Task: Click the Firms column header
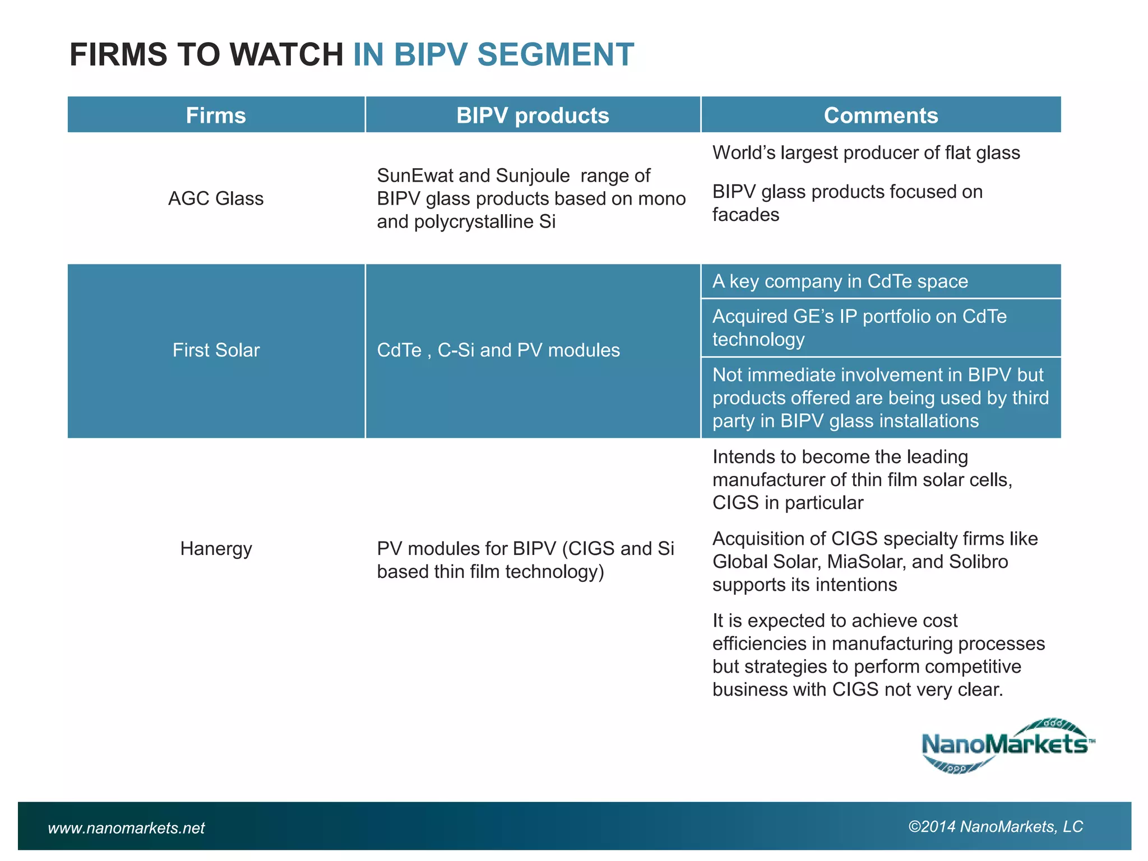216,115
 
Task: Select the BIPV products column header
533,115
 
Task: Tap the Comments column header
881,115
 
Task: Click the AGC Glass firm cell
216,198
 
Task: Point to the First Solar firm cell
216,350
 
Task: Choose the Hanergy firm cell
216,548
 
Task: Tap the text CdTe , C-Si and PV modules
498,350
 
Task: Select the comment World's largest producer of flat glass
866,153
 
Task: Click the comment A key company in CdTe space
840,281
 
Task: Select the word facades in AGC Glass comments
746,215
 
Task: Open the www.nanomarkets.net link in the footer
126,828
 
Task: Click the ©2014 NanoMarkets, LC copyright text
996,827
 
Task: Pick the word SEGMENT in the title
556,55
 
